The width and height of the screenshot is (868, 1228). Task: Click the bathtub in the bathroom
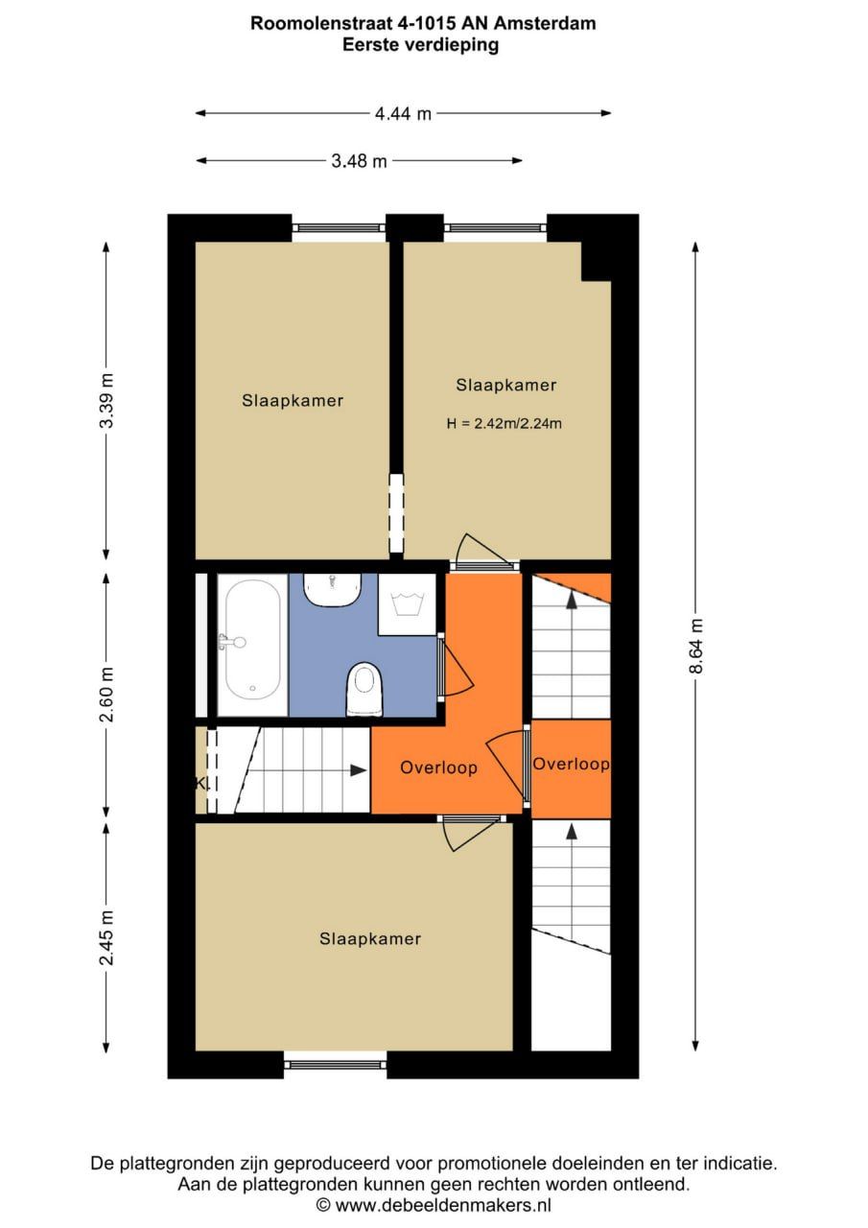(x=252, y=644)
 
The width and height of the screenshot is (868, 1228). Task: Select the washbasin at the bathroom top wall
(x=332, y=588)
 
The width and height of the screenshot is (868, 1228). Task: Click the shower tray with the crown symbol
(x=410, y=604)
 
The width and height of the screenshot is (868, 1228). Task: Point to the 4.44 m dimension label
(x=403, y=113)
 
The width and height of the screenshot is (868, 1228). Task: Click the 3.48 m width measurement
(x=360, y=161)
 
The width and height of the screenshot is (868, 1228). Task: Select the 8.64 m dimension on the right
(x=696, y=647)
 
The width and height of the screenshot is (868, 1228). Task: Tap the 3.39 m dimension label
(x=106, y=400)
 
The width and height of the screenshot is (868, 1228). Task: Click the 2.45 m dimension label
(x=106, y=938)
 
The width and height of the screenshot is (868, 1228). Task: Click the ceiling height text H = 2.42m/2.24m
(x=504, y=423)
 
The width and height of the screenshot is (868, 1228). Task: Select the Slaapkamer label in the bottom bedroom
(x=370, y=939)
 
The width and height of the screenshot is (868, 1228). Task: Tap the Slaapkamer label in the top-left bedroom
(x=293, y=401)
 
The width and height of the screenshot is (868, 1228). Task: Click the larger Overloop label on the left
(x=438, y=767)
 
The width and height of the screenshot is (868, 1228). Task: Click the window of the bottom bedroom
(x=336, y=1062)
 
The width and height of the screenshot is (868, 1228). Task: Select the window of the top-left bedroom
(x=339, y=228)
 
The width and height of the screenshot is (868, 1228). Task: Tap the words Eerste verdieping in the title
(x=421, y=44)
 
